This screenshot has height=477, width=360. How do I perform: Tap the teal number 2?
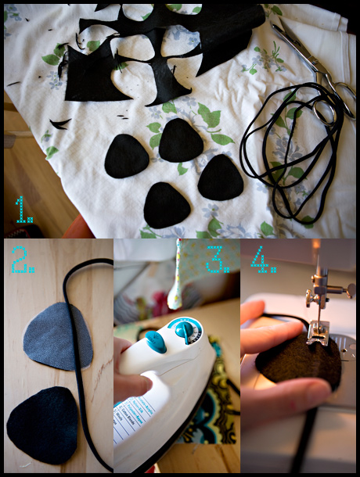point(23,259)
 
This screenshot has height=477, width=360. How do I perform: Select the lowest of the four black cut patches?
point(167,205)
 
